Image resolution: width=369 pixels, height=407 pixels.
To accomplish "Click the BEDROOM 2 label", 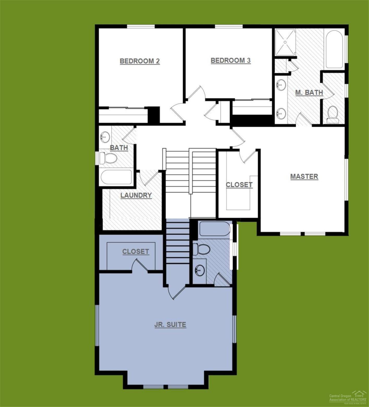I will coord(140,61).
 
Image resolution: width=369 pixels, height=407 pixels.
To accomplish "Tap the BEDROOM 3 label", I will coord(230,61).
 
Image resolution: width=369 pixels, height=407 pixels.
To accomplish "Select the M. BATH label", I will coord(309,92).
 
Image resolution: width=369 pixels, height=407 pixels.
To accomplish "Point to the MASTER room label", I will coord(304,176).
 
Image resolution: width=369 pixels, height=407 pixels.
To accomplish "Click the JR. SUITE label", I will coord(170,325).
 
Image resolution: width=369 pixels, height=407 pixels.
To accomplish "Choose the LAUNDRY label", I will coord(136,195).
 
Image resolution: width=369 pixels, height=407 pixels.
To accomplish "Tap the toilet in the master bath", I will coord(333,114).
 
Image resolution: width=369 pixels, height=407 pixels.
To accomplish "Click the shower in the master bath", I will coord(285,42).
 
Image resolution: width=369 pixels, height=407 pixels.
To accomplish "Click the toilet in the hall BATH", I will coord(109,158).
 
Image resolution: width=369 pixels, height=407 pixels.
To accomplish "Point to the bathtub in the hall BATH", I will coord(116,177).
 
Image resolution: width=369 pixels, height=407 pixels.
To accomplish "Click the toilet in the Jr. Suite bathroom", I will coord(202,249).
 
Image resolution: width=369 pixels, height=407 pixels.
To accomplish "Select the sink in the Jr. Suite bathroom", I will coord(200,270).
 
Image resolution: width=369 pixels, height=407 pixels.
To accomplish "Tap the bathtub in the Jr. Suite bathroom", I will coord(215,229).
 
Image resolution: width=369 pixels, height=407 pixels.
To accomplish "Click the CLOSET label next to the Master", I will coord(239,185).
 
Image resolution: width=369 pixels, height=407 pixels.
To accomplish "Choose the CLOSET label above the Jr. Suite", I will coord(136,251).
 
